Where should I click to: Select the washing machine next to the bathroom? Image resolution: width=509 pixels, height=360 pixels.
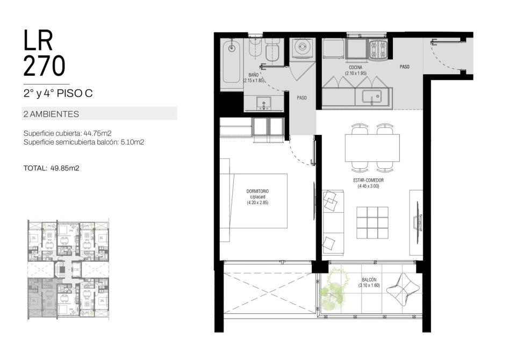coord(303,49)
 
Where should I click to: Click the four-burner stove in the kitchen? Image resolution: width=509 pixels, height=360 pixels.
coord(378,49)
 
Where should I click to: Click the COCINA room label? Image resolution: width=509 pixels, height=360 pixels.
coord(355,68)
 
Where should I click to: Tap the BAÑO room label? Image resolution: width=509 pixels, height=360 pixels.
coord(254,75)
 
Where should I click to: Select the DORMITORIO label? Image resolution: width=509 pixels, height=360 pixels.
coord(257,191)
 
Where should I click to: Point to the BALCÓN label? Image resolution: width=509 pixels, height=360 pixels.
coord(369,280)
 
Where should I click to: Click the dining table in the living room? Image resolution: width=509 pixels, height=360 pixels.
coord(372,148)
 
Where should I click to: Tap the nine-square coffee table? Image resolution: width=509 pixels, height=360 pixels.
coord(372,222)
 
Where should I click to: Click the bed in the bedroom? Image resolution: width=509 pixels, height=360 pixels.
coord(254,200)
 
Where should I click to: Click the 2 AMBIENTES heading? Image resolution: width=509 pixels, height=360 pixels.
coord(51,114)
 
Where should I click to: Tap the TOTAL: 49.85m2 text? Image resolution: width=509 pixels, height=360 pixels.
coord(51,168)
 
